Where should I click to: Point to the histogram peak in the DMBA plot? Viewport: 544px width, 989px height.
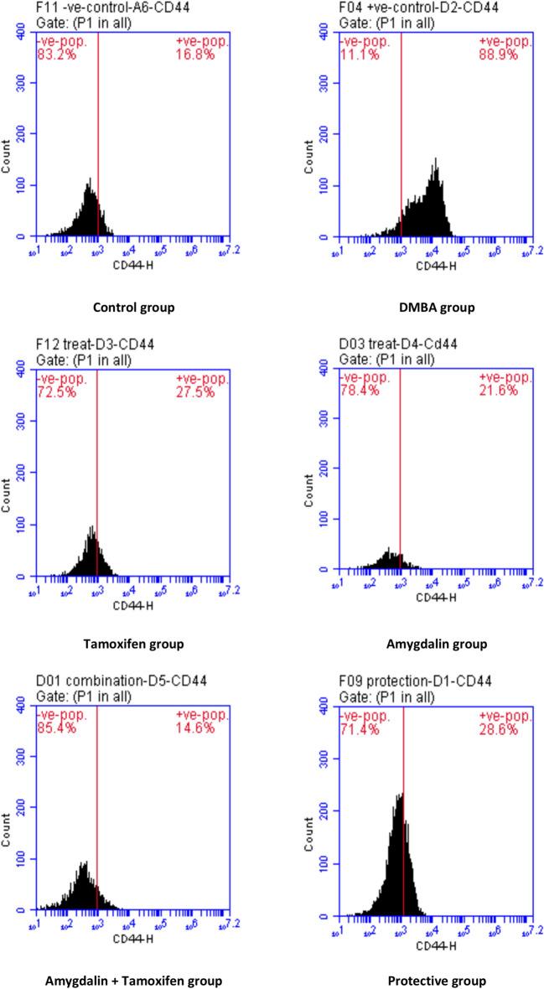click(x=436, y=159)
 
